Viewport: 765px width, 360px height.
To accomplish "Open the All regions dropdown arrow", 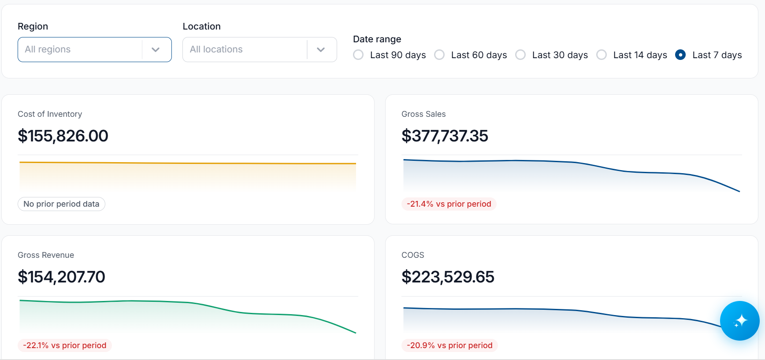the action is (x=156, y=50).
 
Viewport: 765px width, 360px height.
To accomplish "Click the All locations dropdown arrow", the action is (x=321, y=50).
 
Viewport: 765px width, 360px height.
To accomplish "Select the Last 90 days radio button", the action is (x=358, y=55).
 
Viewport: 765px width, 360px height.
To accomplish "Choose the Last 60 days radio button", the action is (x=439, y=55).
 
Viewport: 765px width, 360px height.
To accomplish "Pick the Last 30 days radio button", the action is (x=520, y=55).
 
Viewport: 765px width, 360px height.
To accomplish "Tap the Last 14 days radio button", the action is (x=602, y=55).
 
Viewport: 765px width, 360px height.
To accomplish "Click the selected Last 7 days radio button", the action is (x=680, y=55).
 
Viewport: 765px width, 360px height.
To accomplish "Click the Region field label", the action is (x=33, y=26).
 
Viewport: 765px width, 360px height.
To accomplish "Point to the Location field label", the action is (x=202, y=26).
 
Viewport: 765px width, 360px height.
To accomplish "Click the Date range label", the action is (x=377, y=39).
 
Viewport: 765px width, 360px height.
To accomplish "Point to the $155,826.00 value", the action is (x=63, y=136).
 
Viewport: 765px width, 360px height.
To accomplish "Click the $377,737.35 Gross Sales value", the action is (x=445, y=136).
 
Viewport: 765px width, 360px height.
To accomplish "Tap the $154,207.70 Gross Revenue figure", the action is (x=61, y=277).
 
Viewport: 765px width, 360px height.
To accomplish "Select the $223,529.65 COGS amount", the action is (x=448, y=277).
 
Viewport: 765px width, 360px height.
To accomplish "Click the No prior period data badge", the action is (x=61, y=204).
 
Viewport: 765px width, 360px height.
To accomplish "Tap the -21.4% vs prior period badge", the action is (x=449, y=204).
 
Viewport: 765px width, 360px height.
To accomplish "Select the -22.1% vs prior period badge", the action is (x=65, y=345).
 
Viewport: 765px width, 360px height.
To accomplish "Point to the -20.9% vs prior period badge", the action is (x=449, y=345).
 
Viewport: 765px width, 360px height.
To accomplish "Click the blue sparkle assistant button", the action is (x=740, y=321).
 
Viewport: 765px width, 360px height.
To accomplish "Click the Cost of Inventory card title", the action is (x=50, y=114).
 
